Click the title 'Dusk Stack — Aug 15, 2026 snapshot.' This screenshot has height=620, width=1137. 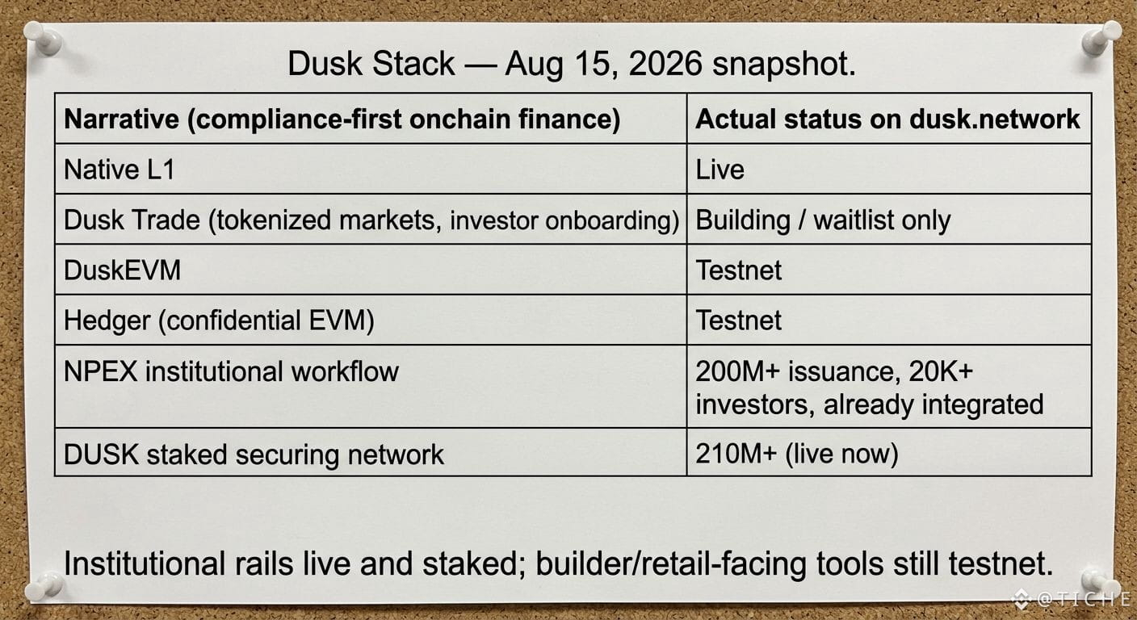tap(572, 64)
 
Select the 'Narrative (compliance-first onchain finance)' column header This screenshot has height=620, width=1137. tap(342, 119)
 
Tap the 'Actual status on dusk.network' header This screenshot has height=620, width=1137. tap(887, 119)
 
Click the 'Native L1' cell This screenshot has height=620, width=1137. tap(120, 170)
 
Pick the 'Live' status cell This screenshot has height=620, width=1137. tap(720, 170)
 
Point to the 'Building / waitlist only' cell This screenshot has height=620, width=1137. tap(823, 220)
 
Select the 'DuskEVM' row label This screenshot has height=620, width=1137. tap(122, 270)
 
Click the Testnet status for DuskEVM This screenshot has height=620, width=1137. tap(739, 270)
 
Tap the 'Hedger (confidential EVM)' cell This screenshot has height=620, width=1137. tap(220, 320)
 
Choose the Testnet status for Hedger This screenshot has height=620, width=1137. tap(739, 320)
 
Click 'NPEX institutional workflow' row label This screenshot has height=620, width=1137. tap(232, 371)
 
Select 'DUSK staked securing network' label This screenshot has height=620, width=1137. tap(254, 454)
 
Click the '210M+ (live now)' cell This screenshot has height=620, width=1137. tap(797, 454)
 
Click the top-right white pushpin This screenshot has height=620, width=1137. tap(1101, 38)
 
